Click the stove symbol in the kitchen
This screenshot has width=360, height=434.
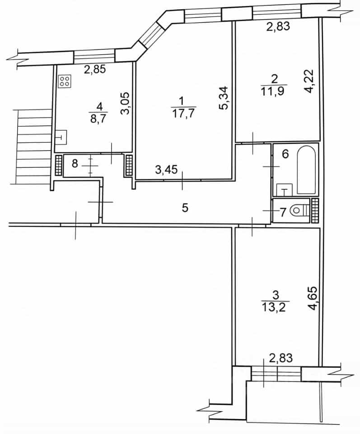coord(65,81)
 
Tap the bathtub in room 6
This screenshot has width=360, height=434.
coord(306,170)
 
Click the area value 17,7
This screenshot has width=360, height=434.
coord(183,113)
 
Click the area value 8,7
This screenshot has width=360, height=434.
coord(99,118)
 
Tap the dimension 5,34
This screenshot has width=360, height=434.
coord(224,98)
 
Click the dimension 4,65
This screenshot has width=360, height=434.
coord(313,298)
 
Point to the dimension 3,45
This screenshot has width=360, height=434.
coord(166,169)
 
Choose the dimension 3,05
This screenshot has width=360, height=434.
coord(125,103)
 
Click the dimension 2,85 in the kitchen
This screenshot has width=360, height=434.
coord(95,69)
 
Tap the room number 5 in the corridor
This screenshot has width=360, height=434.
coord(185,208)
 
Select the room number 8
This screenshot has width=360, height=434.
coord(75,164)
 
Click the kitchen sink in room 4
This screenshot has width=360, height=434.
coord(61,137)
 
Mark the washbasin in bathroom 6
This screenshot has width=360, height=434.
coord(285,190)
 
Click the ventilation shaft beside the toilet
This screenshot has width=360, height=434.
coord(315,210)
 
